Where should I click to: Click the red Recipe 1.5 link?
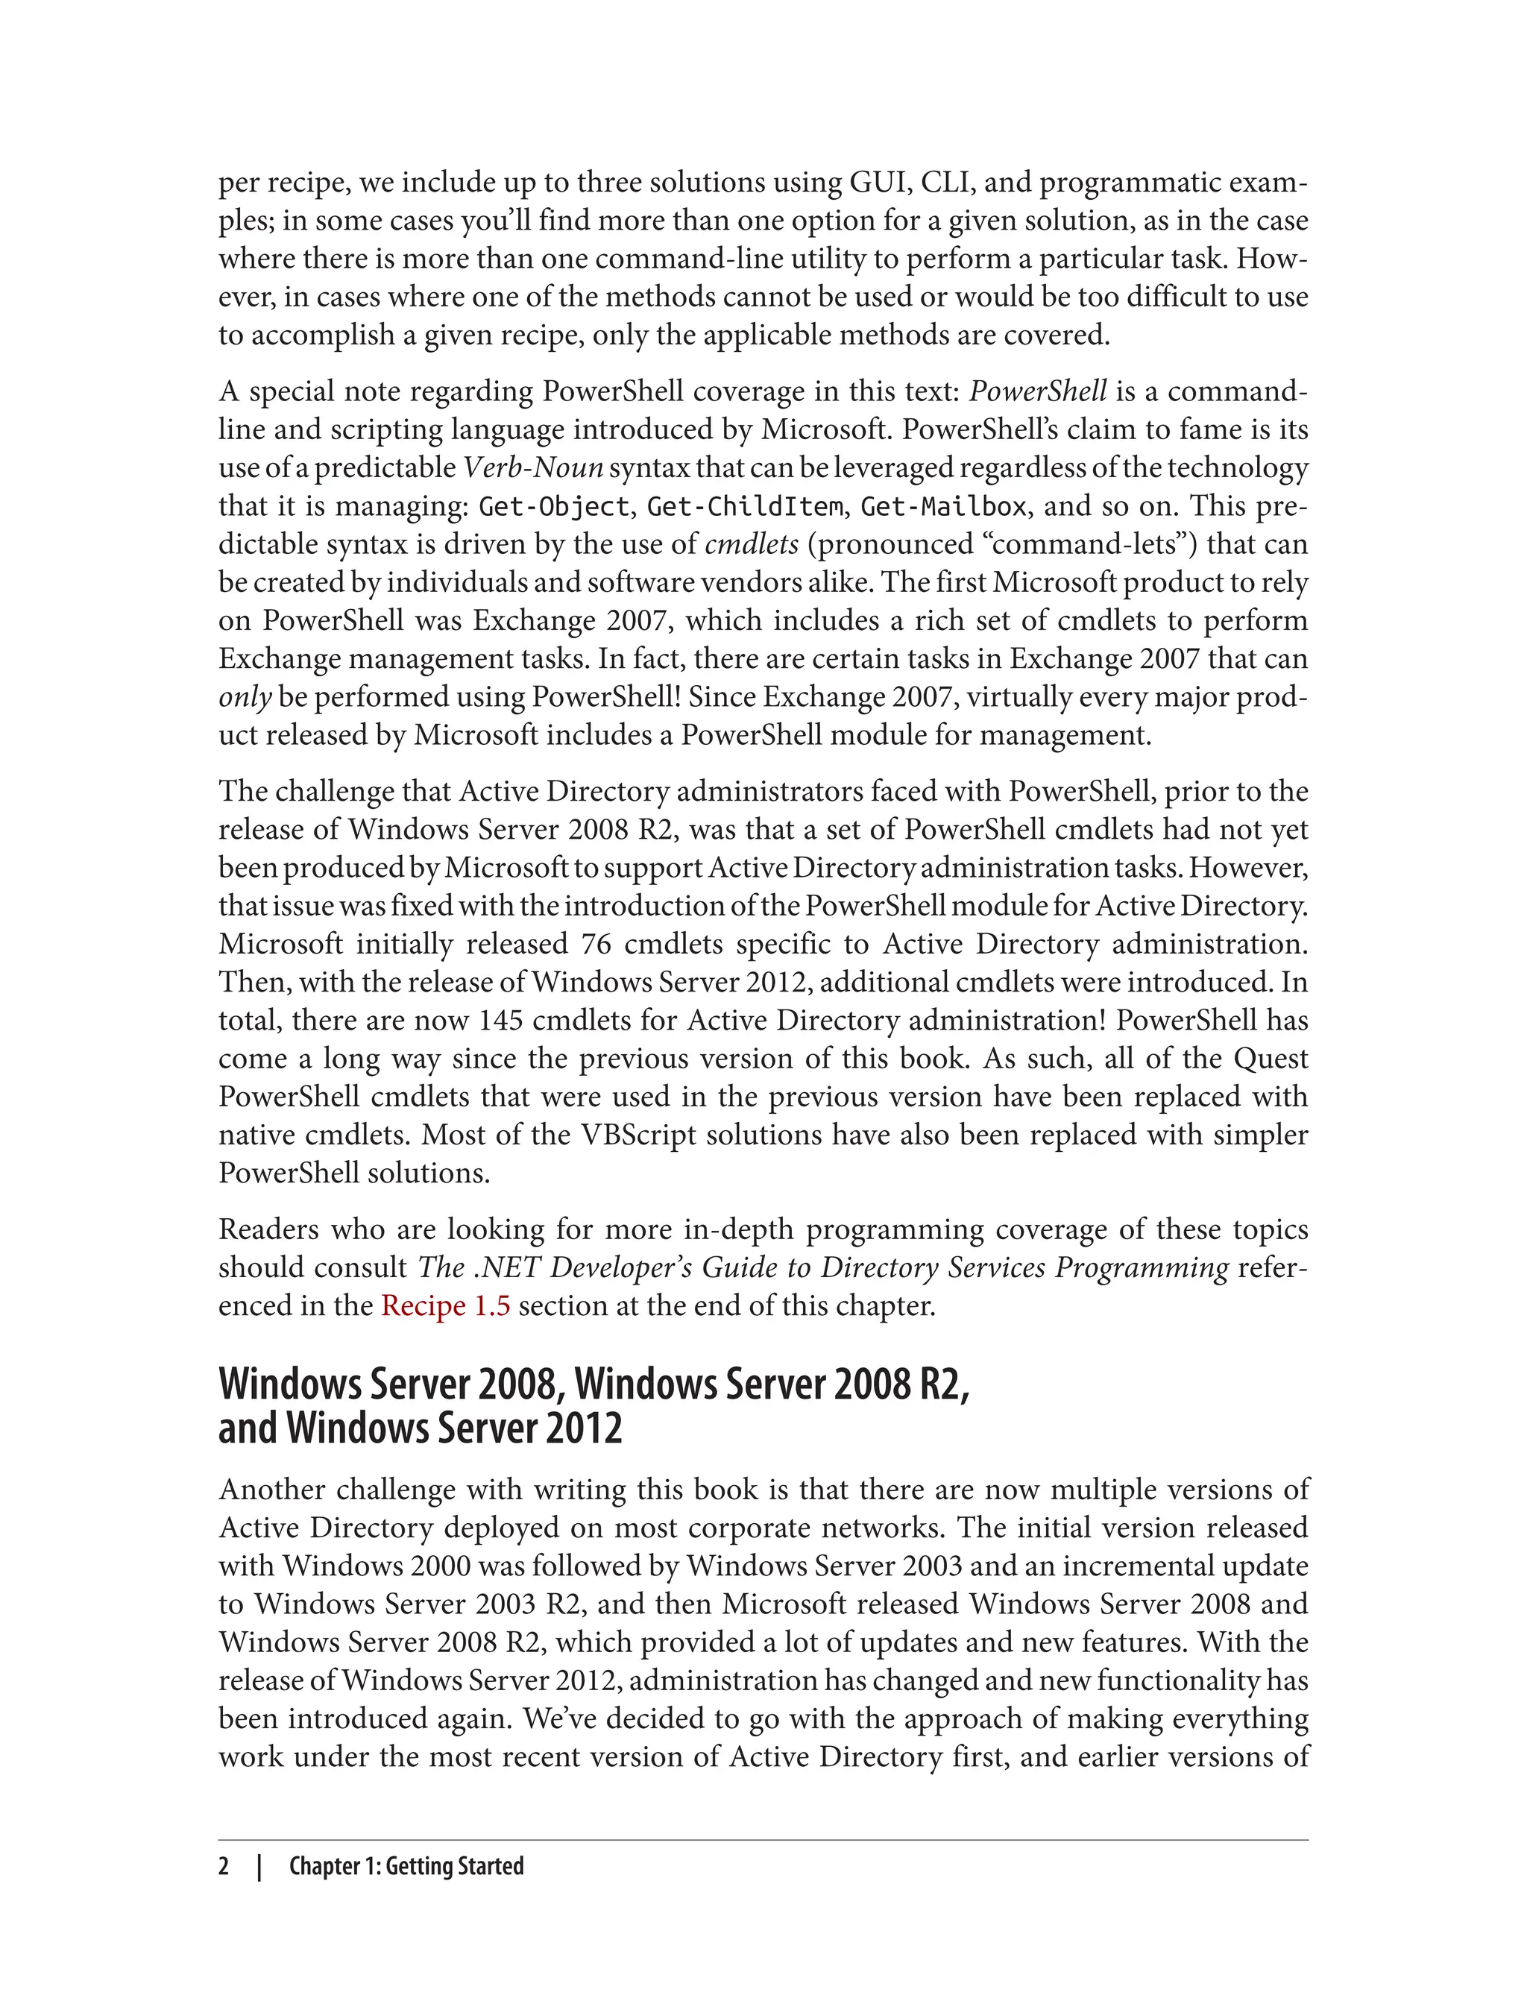[445, 1306]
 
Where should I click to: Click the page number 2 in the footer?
[224, 1866]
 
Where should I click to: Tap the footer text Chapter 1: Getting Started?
[406, 1866]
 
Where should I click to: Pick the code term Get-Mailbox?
[943, 506]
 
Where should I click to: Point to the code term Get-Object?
[553, 506]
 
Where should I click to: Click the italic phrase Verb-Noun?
[534, 468]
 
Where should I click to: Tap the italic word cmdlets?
[752, 544]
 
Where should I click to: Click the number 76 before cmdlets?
[596, 945]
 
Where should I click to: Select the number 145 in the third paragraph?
[501, 1021]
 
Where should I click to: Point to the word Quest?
[1271, 1059]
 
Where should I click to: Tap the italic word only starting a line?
[245, 697]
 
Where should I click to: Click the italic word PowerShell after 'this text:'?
[1038, 391]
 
